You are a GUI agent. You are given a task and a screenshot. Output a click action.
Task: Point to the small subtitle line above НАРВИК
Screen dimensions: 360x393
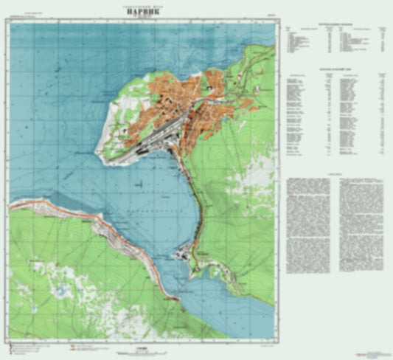120,5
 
